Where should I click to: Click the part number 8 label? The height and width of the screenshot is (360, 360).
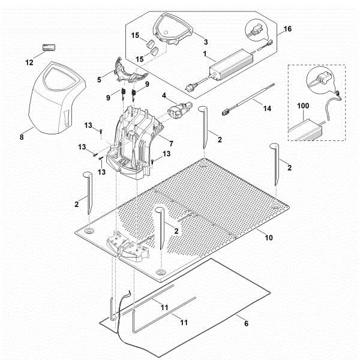[x=22, y=137]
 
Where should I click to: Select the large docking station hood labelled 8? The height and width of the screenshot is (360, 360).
[x=55, y=98]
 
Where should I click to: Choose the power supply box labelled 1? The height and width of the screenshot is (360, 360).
[x=230, y=62]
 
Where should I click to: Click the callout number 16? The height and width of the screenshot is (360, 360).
[x=287, y=28]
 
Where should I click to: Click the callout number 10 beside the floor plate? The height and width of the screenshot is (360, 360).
[x=269, y=238]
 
